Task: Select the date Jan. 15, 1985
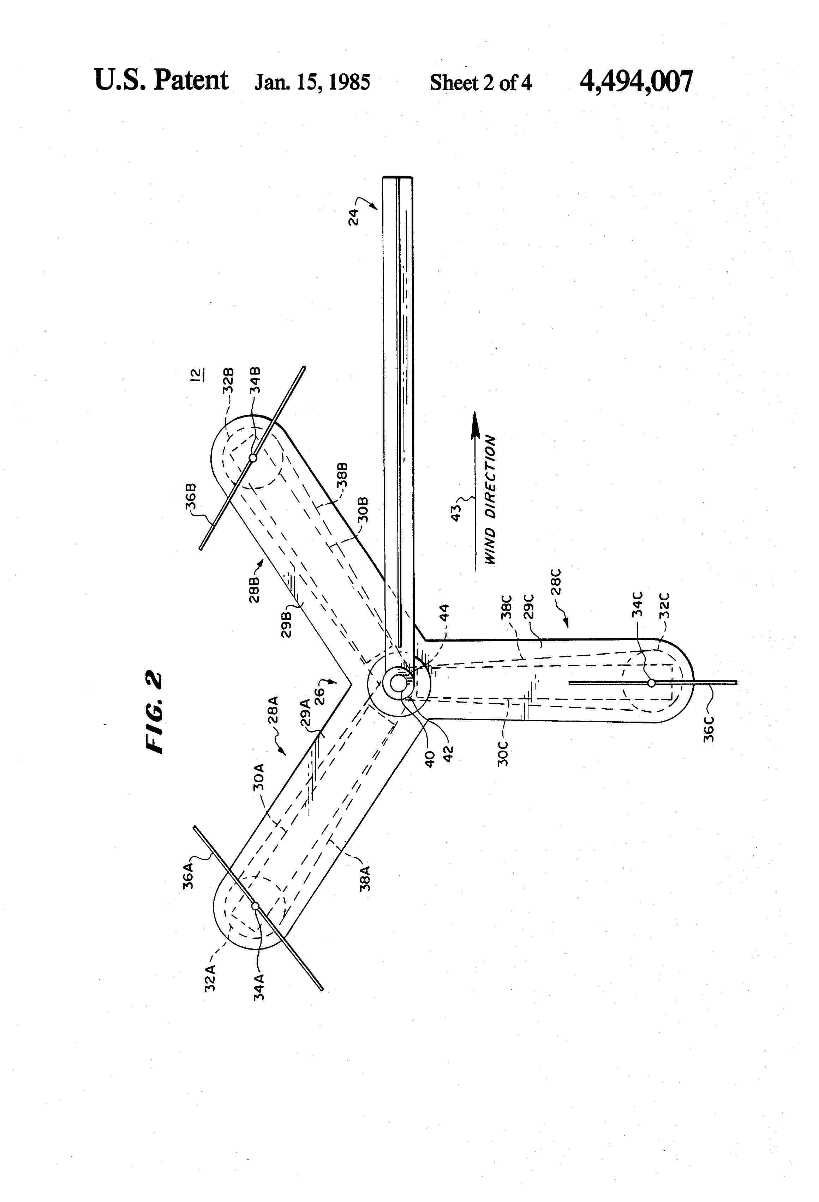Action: [312, 82]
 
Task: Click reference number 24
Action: [354, 216]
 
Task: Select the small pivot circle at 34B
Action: [253, 458]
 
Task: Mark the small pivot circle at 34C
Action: [651, 683]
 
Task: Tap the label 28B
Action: [254, 589]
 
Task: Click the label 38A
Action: [365, 878]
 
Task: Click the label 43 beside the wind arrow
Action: [456, 512]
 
